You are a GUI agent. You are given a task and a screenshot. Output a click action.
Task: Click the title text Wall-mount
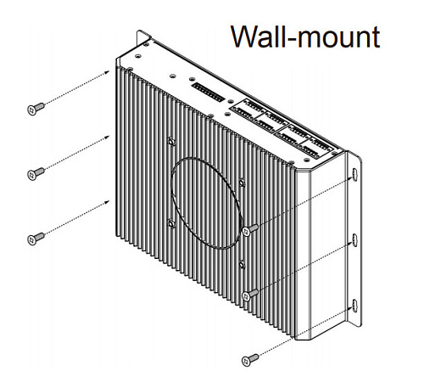[305, 37]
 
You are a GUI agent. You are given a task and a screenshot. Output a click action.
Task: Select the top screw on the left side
[36, 109]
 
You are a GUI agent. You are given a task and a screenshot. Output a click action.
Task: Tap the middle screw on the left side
[36, 174]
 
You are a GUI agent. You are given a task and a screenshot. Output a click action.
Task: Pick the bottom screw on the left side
[36, 239]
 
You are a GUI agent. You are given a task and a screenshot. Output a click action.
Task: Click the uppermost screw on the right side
[250, 229]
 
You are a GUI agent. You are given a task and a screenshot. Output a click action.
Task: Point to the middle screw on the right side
[250, 295]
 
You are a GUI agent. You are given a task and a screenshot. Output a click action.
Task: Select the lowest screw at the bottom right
[250, 360]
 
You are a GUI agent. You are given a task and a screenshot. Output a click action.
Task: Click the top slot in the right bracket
[355, 174]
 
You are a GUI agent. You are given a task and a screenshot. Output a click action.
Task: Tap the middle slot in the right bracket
[355, 239]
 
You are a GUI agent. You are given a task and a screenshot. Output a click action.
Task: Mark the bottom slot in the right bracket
[355, 305]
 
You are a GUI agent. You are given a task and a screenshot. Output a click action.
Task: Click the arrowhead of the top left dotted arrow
[107, 72]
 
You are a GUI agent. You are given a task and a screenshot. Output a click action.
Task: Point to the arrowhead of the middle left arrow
[107, 138]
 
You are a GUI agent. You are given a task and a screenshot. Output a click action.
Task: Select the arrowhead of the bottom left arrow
[107, 202]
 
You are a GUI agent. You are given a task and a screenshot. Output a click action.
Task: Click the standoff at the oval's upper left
[170, 141]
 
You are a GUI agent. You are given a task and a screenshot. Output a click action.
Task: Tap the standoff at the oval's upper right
[242, 183]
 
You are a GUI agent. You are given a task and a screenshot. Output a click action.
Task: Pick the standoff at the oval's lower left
[170, 223]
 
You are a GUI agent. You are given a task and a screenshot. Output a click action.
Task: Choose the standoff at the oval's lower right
[242, 265]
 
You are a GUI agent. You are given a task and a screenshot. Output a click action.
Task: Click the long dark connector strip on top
[208, 93]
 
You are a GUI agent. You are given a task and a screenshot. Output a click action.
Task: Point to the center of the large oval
[207, 203]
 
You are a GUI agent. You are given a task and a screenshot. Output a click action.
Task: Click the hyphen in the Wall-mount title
[292, 39]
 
